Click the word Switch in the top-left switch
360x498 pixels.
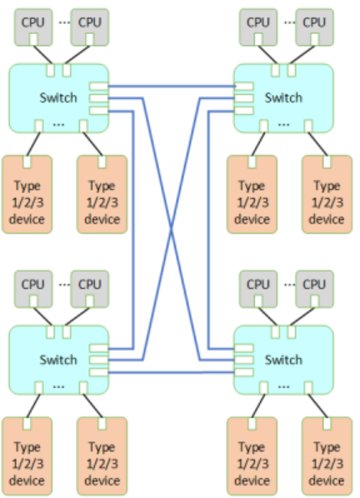[x=58, y=98]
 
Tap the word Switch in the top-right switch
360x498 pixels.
[x=283, y=98]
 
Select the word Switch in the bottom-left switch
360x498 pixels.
[x=58, y=360]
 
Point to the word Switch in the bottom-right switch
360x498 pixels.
[x=283, y=360]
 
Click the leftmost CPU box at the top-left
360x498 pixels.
[x=33, y=28]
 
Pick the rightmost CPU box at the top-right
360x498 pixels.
[x=315, y=28]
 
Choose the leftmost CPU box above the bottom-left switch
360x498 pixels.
[x=33, y=289]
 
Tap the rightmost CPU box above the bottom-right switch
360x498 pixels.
[x=315, y=289]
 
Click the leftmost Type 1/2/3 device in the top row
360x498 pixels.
[x=27, y=194]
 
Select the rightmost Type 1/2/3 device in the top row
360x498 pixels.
[x=327, y=194]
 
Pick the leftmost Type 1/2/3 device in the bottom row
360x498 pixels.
[x=27, y=456]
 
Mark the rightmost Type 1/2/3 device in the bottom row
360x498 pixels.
[x=327, y=456]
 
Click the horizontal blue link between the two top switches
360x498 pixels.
[x=172, y=86]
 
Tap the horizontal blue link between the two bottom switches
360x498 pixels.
[x=172, y=372]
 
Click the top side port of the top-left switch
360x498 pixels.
[x=98, y=86]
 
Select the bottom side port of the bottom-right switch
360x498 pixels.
[x=244, y=372]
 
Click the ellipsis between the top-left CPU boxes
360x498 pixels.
[x=64, y=23]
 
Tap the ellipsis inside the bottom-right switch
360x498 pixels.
[x=283, y=387]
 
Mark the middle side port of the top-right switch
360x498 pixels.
[x=244, y=98]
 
